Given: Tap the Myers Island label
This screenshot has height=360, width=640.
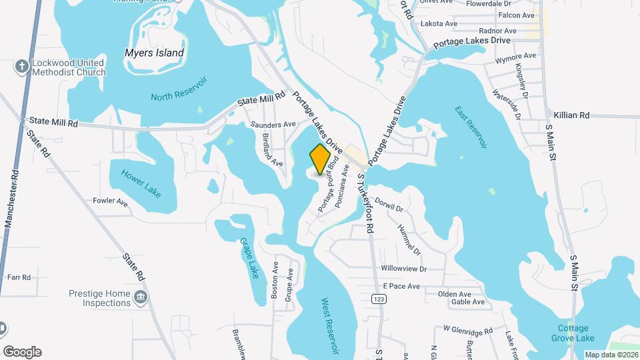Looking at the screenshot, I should [x=154, y=53].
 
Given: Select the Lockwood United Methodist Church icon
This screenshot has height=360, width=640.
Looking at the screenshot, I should [x=22, y=67].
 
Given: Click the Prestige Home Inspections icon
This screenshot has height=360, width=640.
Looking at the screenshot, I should [x=141, y=297].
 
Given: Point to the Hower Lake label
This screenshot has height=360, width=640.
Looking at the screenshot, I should [x=141, y=183].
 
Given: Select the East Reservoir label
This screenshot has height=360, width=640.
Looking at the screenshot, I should [x=471, y=126].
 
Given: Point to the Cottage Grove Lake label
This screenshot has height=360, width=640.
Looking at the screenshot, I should [x=573, y=333].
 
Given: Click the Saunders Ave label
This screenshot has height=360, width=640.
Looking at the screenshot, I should [x=273, y=125].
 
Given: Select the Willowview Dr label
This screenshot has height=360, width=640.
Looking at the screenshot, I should [x=403, y=269].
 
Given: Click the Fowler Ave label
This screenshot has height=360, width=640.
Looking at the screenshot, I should [x=110, y=201].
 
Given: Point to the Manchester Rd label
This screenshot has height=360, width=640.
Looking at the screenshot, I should [x=11, y=200].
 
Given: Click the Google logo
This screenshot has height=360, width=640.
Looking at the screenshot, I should [x=22, y=352].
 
